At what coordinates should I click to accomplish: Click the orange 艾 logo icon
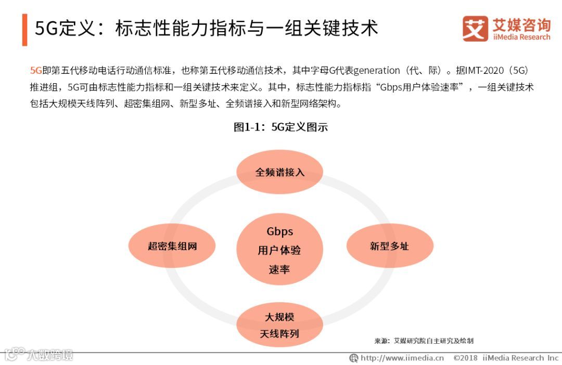tap(475, 29)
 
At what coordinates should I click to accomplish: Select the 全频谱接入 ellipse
tap(280, 172)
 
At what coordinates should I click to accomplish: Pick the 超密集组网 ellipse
tap(172, 246)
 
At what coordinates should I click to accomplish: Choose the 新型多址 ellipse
tap(389, 246)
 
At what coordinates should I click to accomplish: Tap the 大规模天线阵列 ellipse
tap(280, 325)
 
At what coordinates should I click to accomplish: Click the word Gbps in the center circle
tap(280, 231)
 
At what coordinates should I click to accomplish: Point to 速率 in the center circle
tap(280, 269)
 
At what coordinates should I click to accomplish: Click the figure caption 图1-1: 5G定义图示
tap(280, 127)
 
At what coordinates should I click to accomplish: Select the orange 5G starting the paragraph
tap(36, 71)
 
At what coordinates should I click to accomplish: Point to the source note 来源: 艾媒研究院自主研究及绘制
tap(424, 341)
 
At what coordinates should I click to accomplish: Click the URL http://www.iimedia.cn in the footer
tap(402, 358)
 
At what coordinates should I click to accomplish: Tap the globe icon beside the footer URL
tap(354, 358)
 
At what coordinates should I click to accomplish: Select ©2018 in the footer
tap(465, 358)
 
